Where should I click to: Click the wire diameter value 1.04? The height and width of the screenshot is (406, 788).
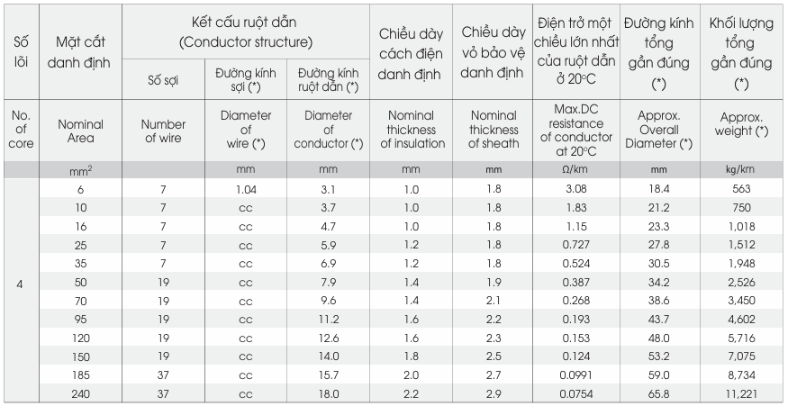point(245,189)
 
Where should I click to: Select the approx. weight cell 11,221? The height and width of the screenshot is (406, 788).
point(741,394)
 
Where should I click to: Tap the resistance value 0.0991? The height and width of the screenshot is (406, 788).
point(576,375)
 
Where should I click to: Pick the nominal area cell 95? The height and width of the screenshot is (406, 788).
point(80,320)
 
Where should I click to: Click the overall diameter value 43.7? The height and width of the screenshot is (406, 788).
point(658,320)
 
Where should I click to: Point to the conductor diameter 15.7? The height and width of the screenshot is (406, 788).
point(328,375)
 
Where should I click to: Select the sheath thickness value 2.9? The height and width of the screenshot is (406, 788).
point(494,394)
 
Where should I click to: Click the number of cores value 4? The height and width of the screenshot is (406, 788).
point(20,284)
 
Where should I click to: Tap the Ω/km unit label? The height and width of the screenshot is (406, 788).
point(576,169)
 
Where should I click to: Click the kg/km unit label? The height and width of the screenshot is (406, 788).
point(741,169)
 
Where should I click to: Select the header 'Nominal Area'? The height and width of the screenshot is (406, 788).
point(80,131)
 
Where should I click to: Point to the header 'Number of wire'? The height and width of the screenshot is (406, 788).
point(163,131)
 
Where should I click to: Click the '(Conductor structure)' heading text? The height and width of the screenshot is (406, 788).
point(246,42)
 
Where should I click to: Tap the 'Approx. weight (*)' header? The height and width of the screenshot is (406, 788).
point(741,124)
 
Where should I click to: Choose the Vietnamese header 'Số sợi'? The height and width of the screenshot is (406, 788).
point(163,80)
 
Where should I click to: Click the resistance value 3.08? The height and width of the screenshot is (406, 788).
point(576,189)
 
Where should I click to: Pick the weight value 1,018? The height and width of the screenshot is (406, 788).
point(741,227)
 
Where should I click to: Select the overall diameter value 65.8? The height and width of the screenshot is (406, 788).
point(658,394)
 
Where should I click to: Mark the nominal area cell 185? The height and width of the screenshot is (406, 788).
point(80,375)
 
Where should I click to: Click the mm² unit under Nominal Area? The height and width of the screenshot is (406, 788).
point(80,171)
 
